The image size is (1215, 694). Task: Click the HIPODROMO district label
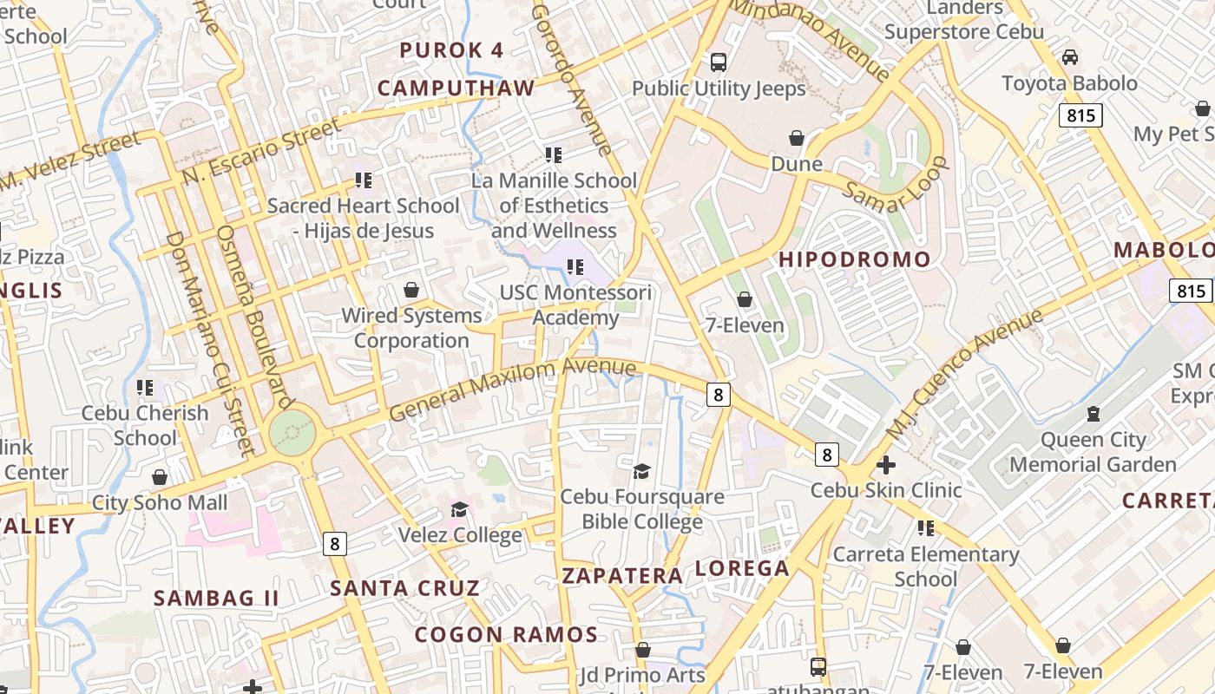click(854, 259)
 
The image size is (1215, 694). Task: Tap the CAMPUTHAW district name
click(456, 88)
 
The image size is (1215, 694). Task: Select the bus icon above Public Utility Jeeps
click(719, 62)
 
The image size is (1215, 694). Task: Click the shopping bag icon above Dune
click(797, 138)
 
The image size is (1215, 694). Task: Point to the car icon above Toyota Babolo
click(1070, 57)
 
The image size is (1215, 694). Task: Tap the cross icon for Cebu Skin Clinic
click(886, 465)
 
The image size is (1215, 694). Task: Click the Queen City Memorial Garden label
click(1093, 452)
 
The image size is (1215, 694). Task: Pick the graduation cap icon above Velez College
click(459, 509)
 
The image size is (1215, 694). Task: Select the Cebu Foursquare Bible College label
click(642, 509)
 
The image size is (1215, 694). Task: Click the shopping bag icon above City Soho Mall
click(160, 477)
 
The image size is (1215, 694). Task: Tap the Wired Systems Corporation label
click(411, 328)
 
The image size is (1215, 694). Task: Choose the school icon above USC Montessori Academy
click(575, 266)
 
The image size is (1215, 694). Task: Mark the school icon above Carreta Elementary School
click(926, 528)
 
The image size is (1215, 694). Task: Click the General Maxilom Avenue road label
click(512, 389)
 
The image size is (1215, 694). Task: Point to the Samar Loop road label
click(896, 185)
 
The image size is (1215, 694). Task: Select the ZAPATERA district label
click(622, 576)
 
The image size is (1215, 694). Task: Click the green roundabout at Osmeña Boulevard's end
click(291, 432)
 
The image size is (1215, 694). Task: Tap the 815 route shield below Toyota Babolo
click(1080, 115)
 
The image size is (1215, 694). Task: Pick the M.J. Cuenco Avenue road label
click(963, 375)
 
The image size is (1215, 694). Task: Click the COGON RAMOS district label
click(506, 634)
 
